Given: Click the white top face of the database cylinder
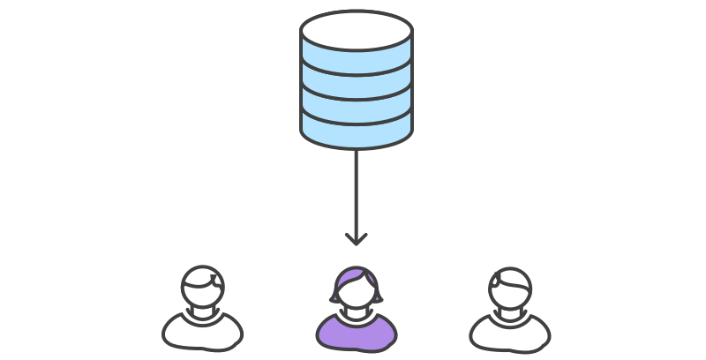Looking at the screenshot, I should coord(357,30).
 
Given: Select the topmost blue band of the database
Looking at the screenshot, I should coord(357,59).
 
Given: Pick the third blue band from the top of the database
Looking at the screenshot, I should coord(357,106).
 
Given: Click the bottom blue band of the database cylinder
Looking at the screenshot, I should coord(357,131).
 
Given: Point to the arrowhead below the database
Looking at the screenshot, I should coord(356,238).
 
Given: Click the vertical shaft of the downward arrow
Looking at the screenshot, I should coord(356,190).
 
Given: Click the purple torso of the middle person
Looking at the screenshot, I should coord(357,334).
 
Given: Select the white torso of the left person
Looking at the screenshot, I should coord(202,334).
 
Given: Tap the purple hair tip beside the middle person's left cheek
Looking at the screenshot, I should coord(336,296).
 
